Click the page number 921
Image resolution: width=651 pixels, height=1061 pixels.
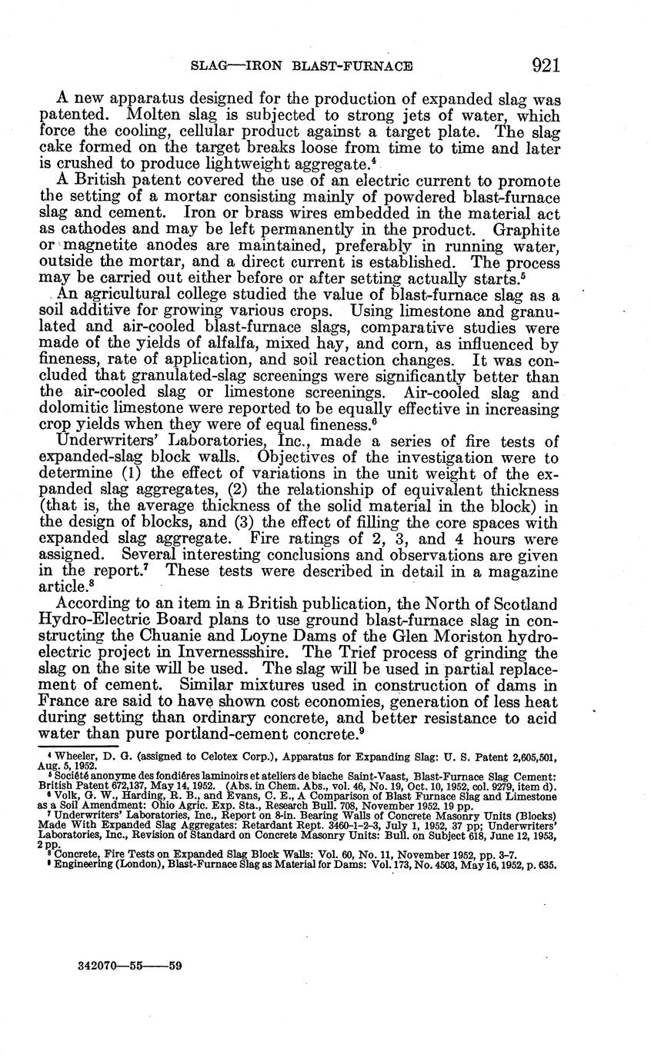(x=544, y=66)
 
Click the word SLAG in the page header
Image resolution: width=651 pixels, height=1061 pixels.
(x=207, y=67)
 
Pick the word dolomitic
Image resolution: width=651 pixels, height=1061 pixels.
(x=71, y=411)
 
